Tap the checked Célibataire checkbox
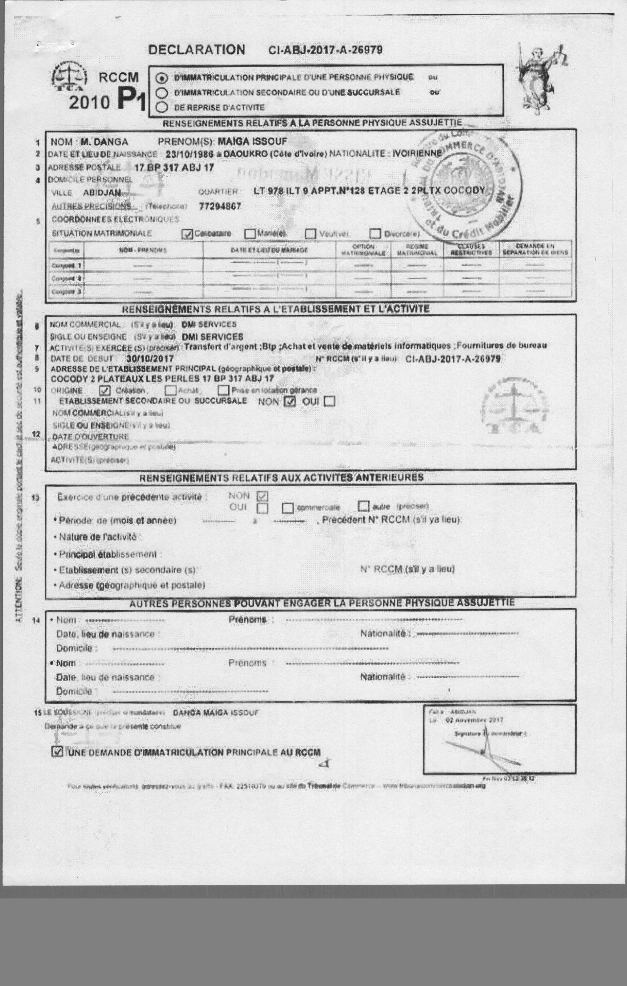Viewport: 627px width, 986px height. (x=187, y=234)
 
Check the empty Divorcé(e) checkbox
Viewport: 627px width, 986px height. (x=375, y=234)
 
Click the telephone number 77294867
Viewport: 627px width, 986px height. (x=220, y=206)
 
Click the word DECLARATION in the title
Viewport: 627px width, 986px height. (x=196, y=50)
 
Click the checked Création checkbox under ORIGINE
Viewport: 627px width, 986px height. (x=105, y=390)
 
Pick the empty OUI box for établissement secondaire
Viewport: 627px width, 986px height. (x=329, y=401)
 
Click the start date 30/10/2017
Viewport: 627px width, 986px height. (x=150, y=359)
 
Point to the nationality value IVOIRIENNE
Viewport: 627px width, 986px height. (x=417, y=154)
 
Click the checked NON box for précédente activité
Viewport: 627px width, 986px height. (x=262, y=496)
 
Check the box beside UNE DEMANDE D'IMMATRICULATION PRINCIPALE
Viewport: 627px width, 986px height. (x=58, y=752)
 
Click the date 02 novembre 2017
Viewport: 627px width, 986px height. (x=474, y=720)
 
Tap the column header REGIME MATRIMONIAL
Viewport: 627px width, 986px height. (x=417, y=250)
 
